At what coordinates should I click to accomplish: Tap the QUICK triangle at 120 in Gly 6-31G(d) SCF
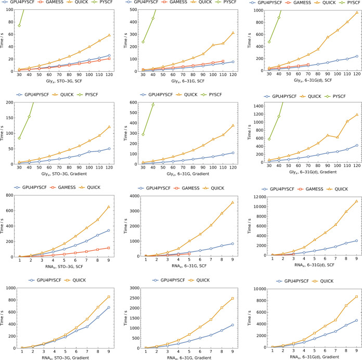(x=357, y=12)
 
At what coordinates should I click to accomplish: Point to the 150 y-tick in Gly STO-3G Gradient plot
(x=9, y=118)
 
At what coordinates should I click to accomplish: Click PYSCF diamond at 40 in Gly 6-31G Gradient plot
(x=153, y=105)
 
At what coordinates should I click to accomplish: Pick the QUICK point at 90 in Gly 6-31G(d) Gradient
(x=328, y=135)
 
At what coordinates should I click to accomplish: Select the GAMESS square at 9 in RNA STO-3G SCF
(x=109, y=248)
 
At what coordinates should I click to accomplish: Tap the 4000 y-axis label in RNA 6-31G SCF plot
(x=135, y=196)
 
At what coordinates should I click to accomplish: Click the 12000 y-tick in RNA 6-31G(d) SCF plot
(x=260, y=197)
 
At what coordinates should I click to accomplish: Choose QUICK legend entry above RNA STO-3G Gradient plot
(x=76, y=280)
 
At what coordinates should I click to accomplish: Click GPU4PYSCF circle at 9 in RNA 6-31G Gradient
(x=232, y=325)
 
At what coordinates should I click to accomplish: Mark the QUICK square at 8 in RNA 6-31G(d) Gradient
(x=346, y=305)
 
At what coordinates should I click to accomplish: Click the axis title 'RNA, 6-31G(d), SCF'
(x=314, y=265)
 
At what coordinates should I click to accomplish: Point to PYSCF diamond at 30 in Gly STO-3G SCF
(x=19, y=25)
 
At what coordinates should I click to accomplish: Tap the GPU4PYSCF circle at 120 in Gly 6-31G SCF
(x=233, y=62)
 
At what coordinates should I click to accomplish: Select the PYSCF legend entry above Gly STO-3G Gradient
(x=88, y=95)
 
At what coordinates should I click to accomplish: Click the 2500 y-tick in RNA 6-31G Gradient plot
(x=135, y=298)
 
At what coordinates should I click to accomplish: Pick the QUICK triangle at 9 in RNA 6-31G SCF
(x=232, y=202)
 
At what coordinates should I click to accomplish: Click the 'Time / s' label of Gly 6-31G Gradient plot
(x=125, y=133)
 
